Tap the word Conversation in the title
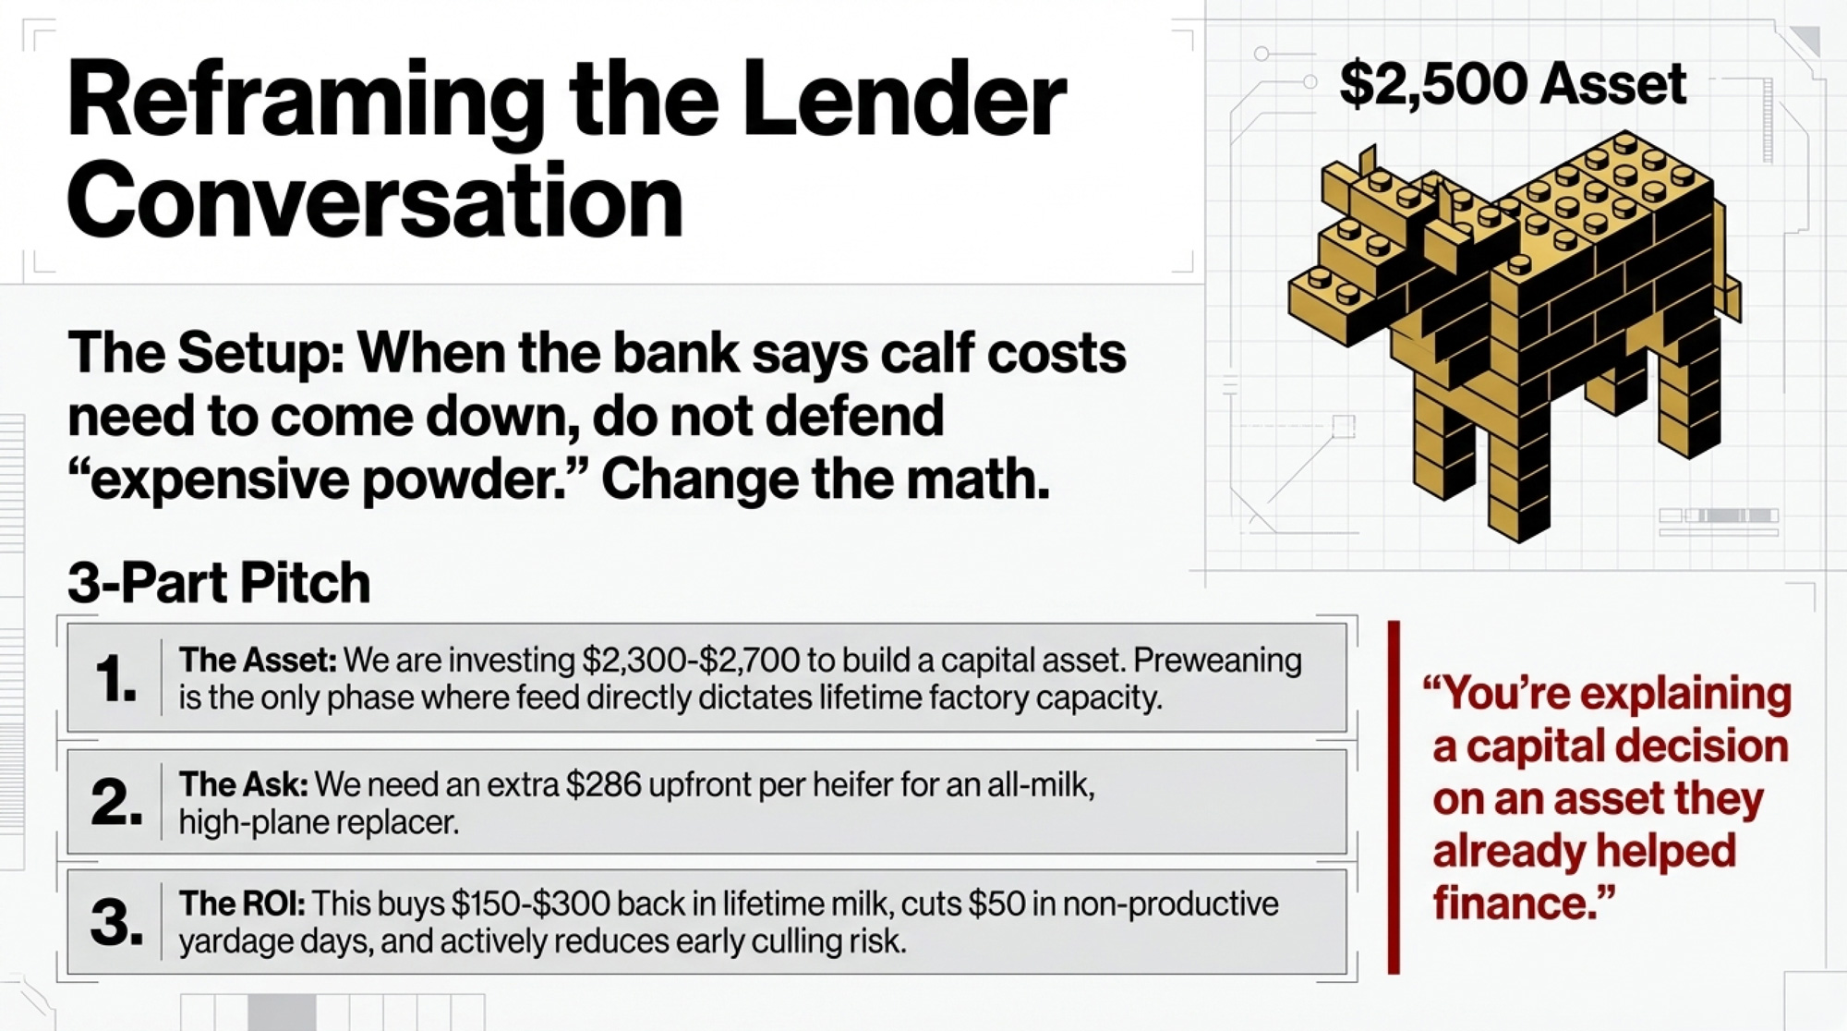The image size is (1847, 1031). pos(375,200)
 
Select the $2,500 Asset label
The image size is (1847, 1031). pos(1513,85)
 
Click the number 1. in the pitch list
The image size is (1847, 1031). pos(115,678)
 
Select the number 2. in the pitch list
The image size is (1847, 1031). pos(116,801)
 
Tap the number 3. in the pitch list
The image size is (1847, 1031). pos(116,921)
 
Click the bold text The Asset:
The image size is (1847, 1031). pos(258,660)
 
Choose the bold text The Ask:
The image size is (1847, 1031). pos(243,784)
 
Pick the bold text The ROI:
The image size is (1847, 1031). pos(241,904)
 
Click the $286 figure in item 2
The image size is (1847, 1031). pos(603,784)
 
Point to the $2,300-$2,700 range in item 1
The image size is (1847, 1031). pos(690,660)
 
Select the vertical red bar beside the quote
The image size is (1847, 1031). pos(1394,797)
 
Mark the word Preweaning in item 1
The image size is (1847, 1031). pos(1217,660)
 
